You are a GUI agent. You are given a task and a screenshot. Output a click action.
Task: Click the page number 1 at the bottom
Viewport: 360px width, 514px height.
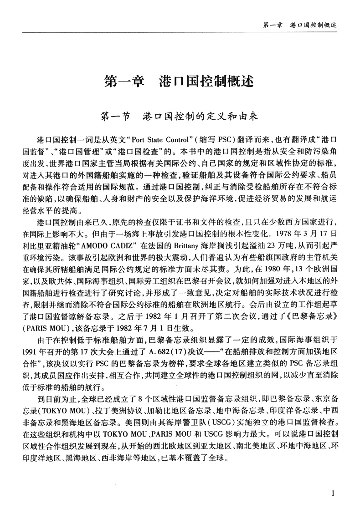tap(334, 493)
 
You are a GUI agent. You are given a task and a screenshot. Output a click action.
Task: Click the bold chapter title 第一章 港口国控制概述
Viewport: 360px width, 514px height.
tap(179, 82)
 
